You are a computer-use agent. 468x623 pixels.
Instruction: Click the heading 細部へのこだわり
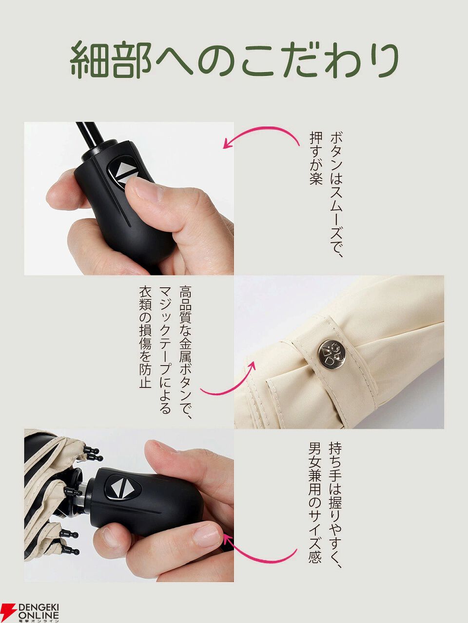(x=234, y=59)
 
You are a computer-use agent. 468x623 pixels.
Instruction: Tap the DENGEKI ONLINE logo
(x=30, y=611)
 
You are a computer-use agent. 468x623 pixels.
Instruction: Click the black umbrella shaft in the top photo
(x=89, y=136)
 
